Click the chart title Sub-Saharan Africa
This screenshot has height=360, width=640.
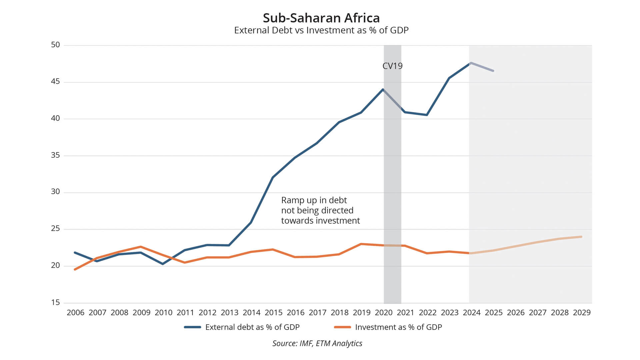[321, 18]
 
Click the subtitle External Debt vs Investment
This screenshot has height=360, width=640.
[321, 30]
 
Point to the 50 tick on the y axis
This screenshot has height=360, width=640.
[55, 45]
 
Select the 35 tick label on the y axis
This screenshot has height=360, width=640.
[55, 155]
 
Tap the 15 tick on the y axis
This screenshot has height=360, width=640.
[55, 303]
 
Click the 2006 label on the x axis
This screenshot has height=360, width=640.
[75, 313]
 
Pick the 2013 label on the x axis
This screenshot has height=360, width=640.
[229, 313]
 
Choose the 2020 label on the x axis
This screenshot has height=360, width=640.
[383, 313]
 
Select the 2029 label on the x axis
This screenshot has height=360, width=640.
[582, 313]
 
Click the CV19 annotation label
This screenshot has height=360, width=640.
[392, 66]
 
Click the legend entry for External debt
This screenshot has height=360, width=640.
[252, 327]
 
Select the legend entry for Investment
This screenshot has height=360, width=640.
[398, 327]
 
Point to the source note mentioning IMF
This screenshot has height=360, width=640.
[317, 343]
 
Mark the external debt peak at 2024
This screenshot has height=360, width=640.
[470, 63]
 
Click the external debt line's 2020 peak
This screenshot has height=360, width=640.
[383, 89]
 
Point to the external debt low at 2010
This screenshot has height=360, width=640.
[163, 264]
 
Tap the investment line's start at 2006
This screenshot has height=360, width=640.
[75, 269]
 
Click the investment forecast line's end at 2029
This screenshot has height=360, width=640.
[581, 237]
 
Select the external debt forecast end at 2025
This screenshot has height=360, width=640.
[493, 71]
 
